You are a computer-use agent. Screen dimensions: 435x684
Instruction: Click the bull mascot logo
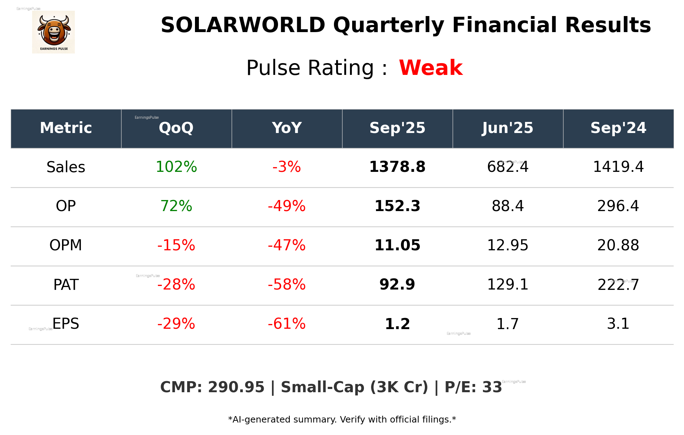coord(53,32)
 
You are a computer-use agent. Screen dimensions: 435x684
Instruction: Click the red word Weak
coord(431,68)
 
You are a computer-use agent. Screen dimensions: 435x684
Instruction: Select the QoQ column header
coord(176,128)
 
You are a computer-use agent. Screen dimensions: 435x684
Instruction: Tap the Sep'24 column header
coord(618,128)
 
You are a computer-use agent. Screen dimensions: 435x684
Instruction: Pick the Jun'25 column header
coord(508,128)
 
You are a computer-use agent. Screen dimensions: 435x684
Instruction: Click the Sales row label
coord(66,167)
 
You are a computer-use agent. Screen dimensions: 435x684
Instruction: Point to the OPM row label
coord(66,245)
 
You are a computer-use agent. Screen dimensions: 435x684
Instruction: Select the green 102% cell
coord(176,167)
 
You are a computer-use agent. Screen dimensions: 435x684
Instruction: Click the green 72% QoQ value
coord(176,206)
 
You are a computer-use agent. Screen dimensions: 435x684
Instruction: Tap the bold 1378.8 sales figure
coord(397,167)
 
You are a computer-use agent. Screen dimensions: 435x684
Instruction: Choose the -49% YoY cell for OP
coord(287,206)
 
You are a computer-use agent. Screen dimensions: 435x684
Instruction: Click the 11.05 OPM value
coord(397,245)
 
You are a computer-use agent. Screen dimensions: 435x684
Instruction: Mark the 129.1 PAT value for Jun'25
coord(508,285)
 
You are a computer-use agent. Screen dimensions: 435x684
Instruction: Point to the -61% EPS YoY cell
coord(287,324)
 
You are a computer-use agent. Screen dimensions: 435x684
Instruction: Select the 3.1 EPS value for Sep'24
coord(618,324)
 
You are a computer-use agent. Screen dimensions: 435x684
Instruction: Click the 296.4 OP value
coord(618,206)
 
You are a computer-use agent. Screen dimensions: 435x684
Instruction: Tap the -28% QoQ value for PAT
coord(176,285)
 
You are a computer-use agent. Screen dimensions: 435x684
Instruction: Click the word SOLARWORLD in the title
coord(243,25)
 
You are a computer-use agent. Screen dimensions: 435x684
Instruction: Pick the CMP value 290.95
coord(236,387)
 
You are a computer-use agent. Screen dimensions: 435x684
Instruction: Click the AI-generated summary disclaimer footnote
coord(342,420)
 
